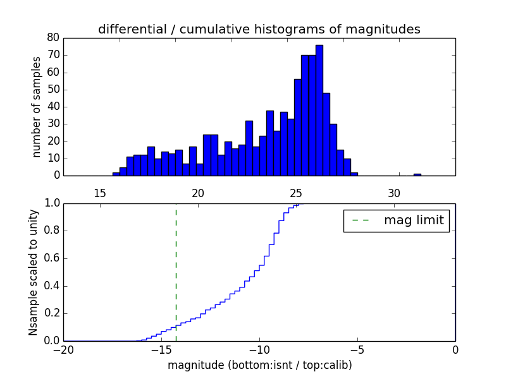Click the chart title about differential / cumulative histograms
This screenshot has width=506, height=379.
259,29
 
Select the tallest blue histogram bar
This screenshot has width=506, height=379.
319,111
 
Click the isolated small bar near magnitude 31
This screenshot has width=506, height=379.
417,174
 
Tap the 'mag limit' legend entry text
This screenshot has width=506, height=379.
414,220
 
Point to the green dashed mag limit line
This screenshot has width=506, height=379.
176,272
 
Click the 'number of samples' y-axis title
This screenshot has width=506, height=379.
37,107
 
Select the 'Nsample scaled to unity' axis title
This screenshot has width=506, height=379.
34,272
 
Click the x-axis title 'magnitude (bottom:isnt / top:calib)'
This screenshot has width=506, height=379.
259,365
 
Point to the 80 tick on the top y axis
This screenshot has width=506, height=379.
53,38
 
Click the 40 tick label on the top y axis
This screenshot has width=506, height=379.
53,107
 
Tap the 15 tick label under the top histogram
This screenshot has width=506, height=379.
99,193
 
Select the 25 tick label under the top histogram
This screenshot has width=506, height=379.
296,193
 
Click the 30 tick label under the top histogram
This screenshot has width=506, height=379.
394,193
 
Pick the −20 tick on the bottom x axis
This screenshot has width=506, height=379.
63,350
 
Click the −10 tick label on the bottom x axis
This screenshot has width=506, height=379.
259,350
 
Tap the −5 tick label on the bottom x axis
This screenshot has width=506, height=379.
357,350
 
